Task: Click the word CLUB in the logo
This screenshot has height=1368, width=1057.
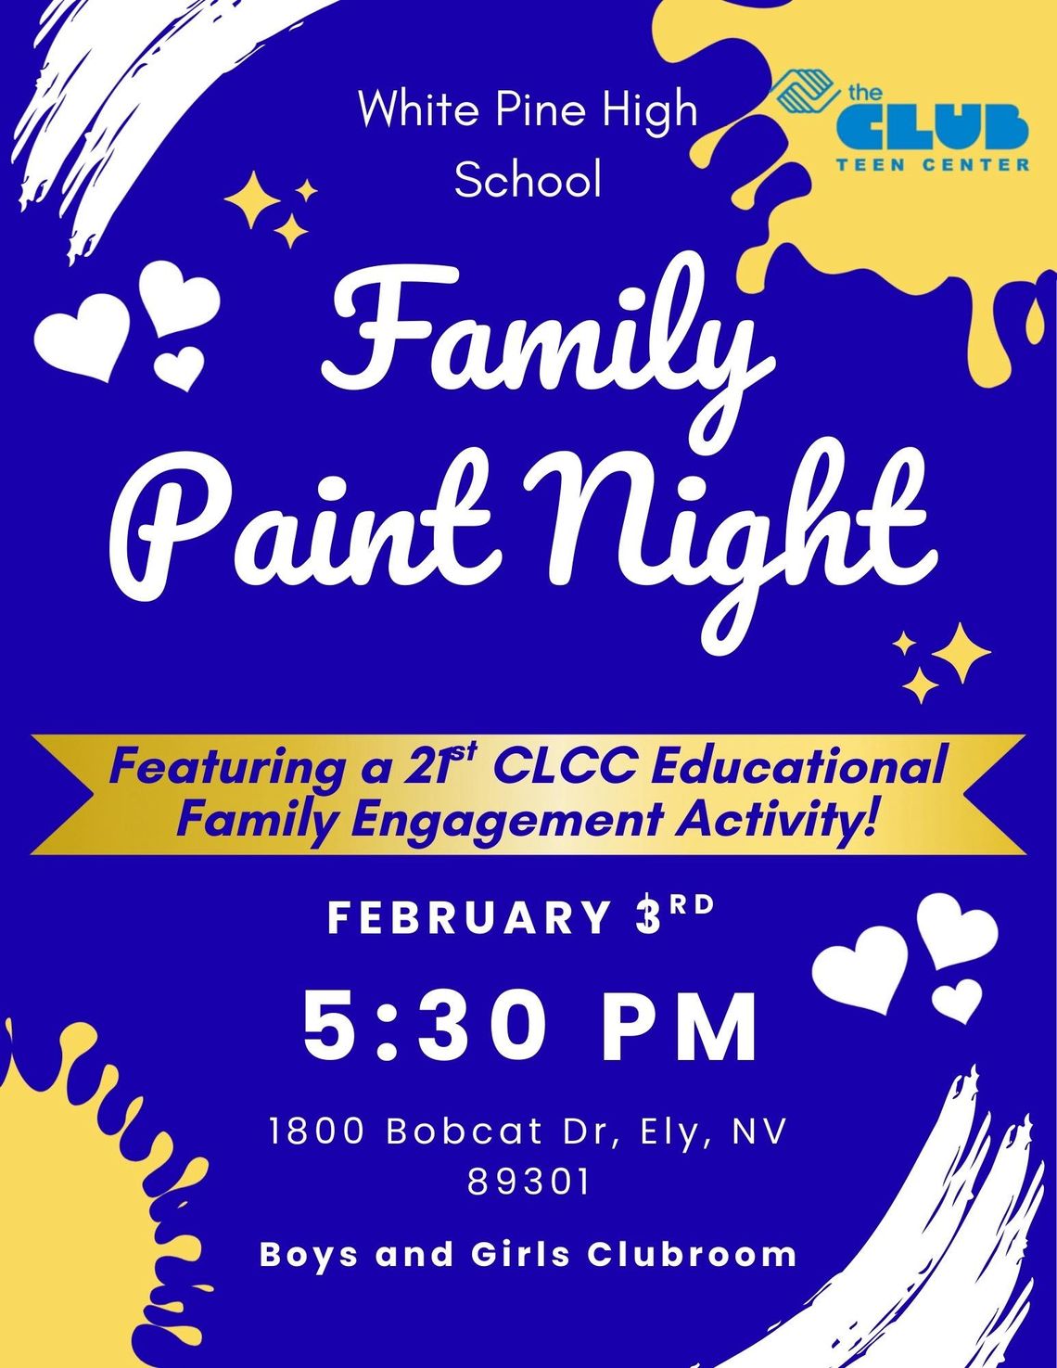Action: tap(932, 127)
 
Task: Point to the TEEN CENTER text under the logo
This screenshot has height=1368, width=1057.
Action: tap(932, 165)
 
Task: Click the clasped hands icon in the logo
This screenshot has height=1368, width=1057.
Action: tap(807, 93)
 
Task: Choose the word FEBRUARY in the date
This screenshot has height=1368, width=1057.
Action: tap(468, 918)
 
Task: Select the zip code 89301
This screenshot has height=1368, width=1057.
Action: tap(528, 1183)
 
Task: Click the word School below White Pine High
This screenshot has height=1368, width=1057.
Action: tap(528, 179)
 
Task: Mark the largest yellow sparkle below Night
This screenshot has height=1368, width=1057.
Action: tap(961, 652)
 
